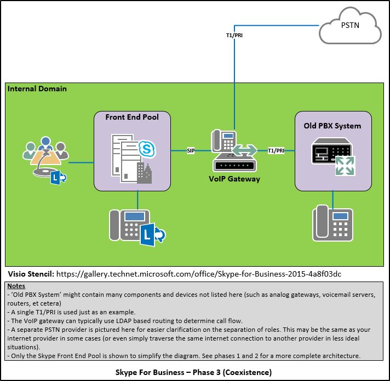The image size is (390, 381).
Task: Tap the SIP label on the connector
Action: [191, 150]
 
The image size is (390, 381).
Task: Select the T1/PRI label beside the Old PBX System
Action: [276, 150]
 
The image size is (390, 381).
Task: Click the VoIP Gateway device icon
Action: [233, 150]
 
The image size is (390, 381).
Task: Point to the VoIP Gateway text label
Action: [234, 179]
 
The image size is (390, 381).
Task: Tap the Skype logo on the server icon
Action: [146, 149]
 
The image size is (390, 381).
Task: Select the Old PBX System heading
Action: [332, 126]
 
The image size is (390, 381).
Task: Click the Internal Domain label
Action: [37, 88]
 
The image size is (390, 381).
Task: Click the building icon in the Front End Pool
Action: [144, 173]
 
